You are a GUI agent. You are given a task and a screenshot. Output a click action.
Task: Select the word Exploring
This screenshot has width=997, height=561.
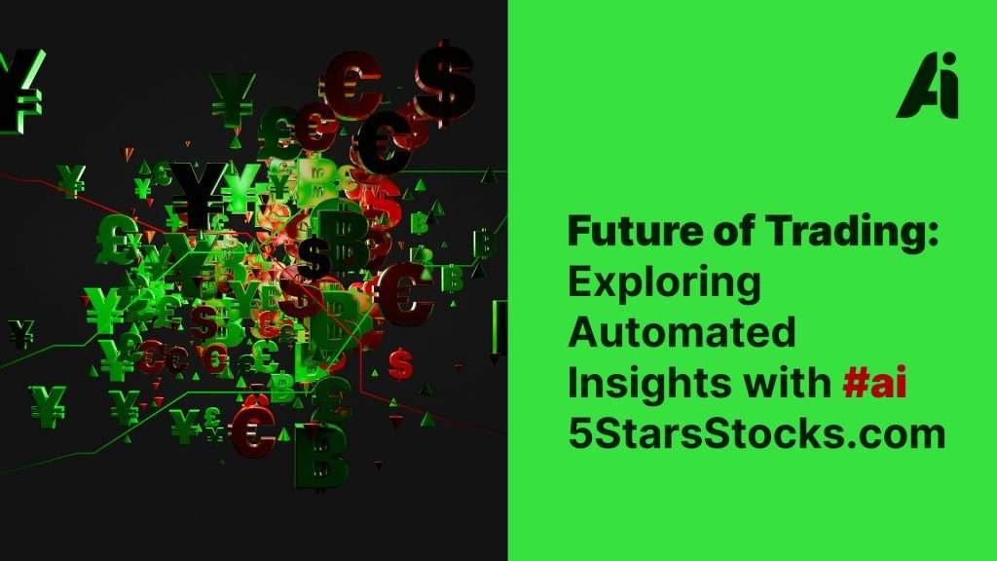[x=664, y=284]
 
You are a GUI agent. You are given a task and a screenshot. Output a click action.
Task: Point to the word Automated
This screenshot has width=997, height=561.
[x=682, y=332]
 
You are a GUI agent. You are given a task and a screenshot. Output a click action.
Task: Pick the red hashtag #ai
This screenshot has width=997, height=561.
[x=874, y=383]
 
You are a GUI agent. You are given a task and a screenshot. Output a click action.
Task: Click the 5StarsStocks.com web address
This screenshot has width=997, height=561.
[x=757, y=433]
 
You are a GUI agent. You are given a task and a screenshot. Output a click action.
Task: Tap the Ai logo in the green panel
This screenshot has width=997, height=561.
[x=928, y=86]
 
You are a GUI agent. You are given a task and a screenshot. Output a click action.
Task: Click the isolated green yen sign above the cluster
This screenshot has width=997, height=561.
[x=232, y=100]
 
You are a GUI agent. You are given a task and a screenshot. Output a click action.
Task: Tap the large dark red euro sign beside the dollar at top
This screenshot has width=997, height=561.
[x=353, y=84]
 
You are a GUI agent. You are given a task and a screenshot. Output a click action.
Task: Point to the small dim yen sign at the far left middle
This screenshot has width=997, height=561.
[x=22, y=333]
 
